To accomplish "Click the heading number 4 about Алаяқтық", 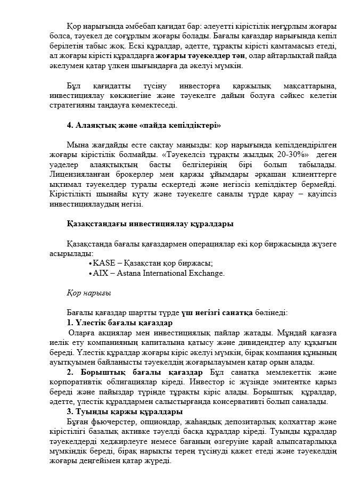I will [x=69, y=125].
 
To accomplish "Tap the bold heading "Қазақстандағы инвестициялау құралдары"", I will [x=150, y=224].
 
